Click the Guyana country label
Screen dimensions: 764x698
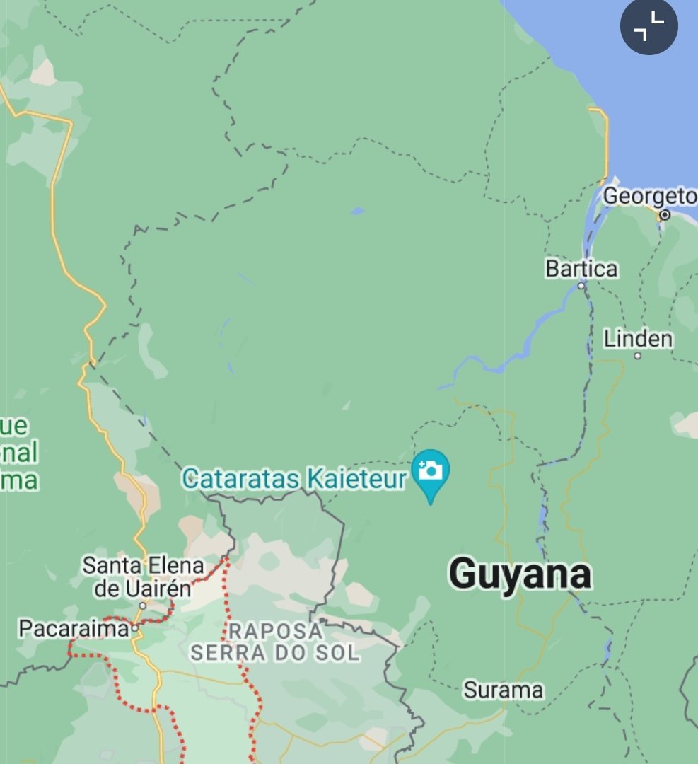point(520,574)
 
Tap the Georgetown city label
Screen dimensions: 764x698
point(650,196)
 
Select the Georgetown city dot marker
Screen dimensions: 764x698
point(664,214)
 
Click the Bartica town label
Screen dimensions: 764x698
point(581,269)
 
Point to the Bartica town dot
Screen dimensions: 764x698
point(581,286)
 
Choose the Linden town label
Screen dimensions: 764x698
point(638,339)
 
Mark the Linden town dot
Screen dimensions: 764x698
point(637,356)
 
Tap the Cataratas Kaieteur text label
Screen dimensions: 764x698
point(294,479)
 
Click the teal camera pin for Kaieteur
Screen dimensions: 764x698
point(430,471)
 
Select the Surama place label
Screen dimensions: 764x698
point(503,690)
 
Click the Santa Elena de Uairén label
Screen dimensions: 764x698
point(142,577)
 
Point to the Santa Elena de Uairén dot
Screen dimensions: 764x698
point(142,606)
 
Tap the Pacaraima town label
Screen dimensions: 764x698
point(74,627)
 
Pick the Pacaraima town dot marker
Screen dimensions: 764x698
point(134,627)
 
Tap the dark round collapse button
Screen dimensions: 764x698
point(648,27)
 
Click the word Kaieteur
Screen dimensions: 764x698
point(356,479)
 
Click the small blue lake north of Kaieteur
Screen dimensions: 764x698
point(357,211)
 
